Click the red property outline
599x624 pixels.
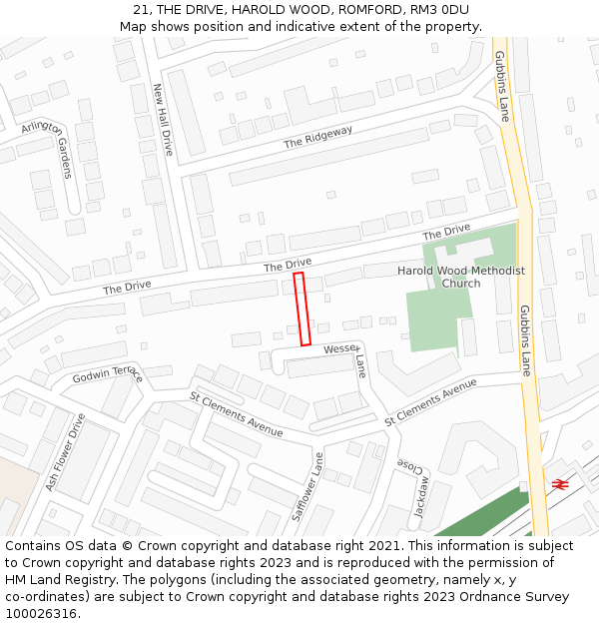coord(302,310)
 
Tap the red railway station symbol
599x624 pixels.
coord(559,484)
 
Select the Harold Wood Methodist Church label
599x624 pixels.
coord(460,277)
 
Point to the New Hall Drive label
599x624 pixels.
coord(163,119)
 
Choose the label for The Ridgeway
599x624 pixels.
coord(318,137)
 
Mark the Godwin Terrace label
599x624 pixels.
coord(108,374)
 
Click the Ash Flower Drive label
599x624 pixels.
coord(65,453)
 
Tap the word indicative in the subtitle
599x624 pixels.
coord(300,26)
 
